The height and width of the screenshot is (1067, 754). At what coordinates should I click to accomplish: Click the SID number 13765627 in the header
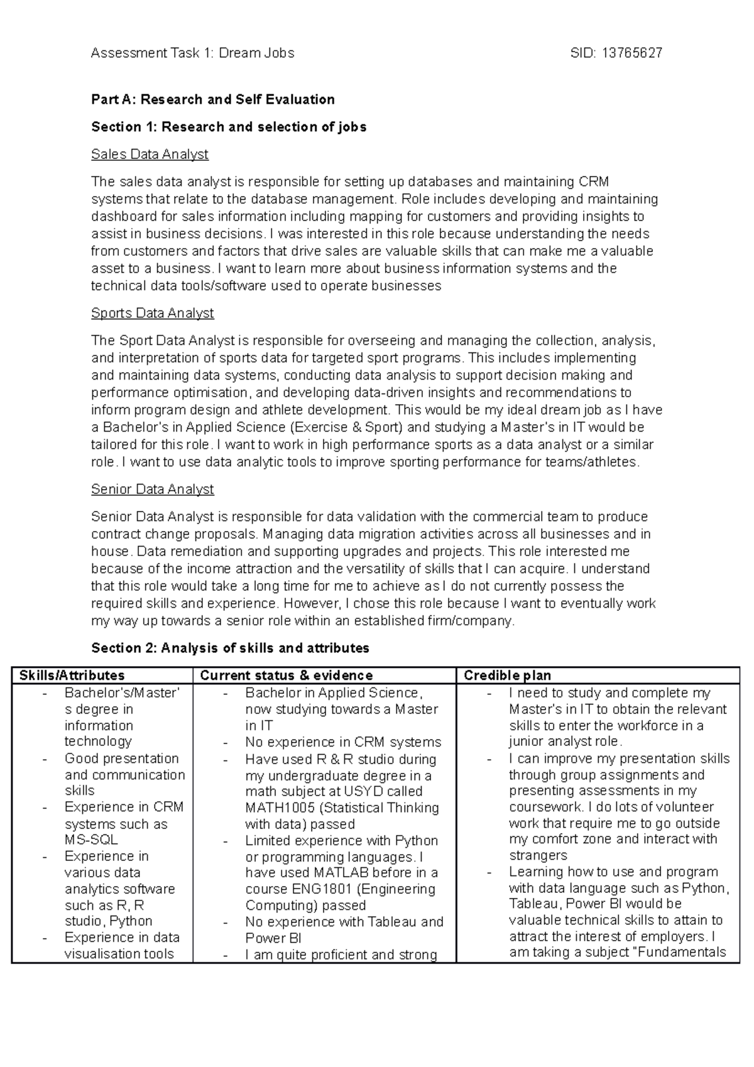tap(631, 53)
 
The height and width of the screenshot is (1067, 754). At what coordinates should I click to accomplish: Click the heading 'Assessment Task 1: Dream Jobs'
tap(192, 53)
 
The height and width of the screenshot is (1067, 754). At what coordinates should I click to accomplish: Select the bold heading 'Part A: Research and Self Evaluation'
tap(212, 99)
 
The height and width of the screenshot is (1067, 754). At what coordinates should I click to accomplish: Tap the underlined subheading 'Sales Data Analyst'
tap(150, 155)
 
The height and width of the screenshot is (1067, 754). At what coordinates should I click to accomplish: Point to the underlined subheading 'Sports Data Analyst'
tap(152, 313)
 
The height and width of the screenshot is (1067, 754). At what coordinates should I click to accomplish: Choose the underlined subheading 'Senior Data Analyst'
tap(152, 489)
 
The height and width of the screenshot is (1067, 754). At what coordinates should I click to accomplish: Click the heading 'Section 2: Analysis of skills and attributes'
tap(230, 648)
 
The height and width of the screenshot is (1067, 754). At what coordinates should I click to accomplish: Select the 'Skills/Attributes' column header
tap(72, 676)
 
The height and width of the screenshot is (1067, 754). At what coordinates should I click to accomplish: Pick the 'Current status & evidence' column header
tap(286, 676)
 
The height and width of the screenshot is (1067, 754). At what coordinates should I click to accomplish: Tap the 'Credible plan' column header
tap(507, 676)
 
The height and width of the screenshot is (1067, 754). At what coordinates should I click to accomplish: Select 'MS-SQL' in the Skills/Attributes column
tap(91, 840)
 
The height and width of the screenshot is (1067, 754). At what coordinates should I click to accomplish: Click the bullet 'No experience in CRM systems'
tap(343, 742)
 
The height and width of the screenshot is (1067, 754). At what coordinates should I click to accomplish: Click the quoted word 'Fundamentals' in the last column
tap(684, 953)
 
